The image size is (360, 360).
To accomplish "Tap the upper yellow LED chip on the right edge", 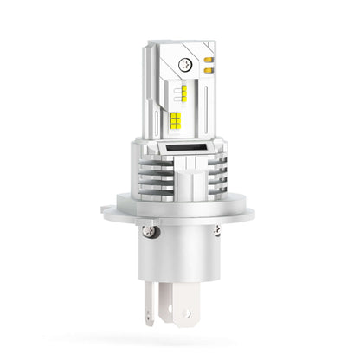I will coord(209,61).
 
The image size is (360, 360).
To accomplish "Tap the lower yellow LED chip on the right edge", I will coord(209,70).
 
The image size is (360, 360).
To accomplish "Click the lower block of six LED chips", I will coord(176,122).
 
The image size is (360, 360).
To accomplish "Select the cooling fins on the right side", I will coord(218,174).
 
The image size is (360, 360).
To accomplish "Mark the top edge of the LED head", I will coord(178,41).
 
